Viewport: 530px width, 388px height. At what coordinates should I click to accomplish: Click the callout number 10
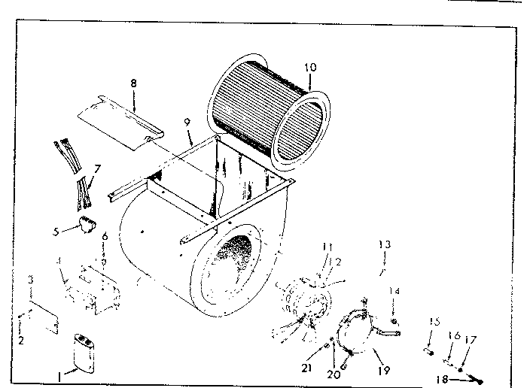pyautogui.click(x=311, y=66)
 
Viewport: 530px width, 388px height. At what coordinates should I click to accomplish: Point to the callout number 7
pyautogui.click(x=96, y=169)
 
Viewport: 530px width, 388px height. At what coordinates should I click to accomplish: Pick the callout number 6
pyautogui.click(x=104, y=236)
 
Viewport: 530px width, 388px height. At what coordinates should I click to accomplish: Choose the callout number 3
pyautogui.click(x=31, y=279)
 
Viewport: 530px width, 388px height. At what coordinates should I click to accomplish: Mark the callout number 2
pyautogui.click(x=21, y=341)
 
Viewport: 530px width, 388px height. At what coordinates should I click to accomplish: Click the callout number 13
pyautogui.click(x=385, y=244)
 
